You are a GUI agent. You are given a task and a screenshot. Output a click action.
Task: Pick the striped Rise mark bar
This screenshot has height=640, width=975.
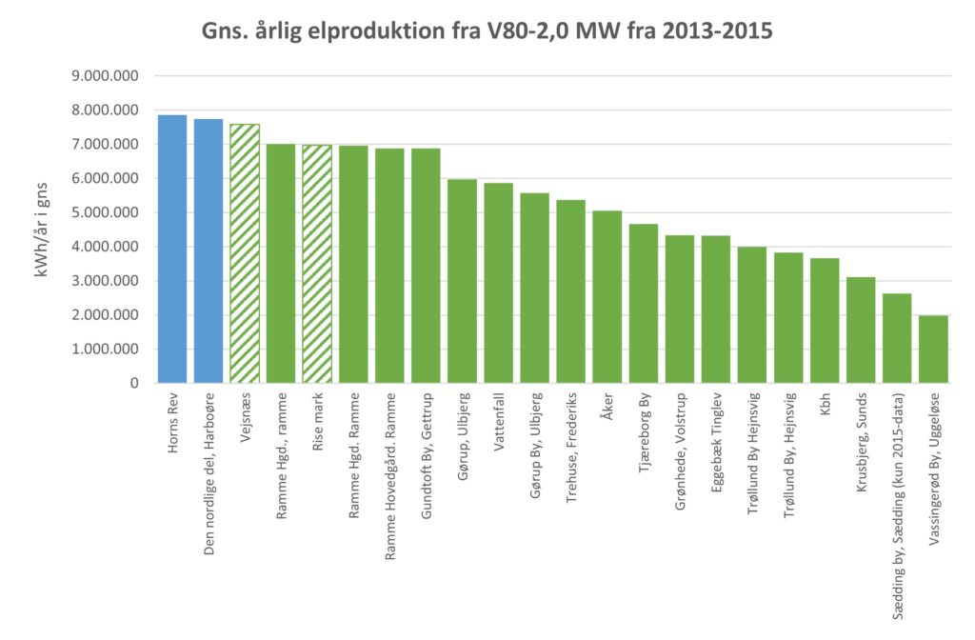[317, 264]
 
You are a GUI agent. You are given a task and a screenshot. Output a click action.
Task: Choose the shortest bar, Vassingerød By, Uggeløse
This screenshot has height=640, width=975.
[933, 350]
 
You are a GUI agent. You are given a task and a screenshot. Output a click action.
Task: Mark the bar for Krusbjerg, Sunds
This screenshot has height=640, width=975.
[861, 330]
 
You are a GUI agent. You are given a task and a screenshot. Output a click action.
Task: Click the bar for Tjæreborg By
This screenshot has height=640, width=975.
[644, 304]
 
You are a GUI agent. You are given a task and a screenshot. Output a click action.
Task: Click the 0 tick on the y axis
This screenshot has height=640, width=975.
[134, 384]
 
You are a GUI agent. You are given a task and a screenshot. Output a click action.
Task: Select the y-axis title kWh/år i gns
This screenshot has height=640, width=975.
[43, 230]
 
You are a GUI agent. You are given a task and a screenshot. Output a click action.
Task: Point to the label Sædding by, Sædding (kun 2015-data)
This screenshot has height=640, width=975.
[898, 504]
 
